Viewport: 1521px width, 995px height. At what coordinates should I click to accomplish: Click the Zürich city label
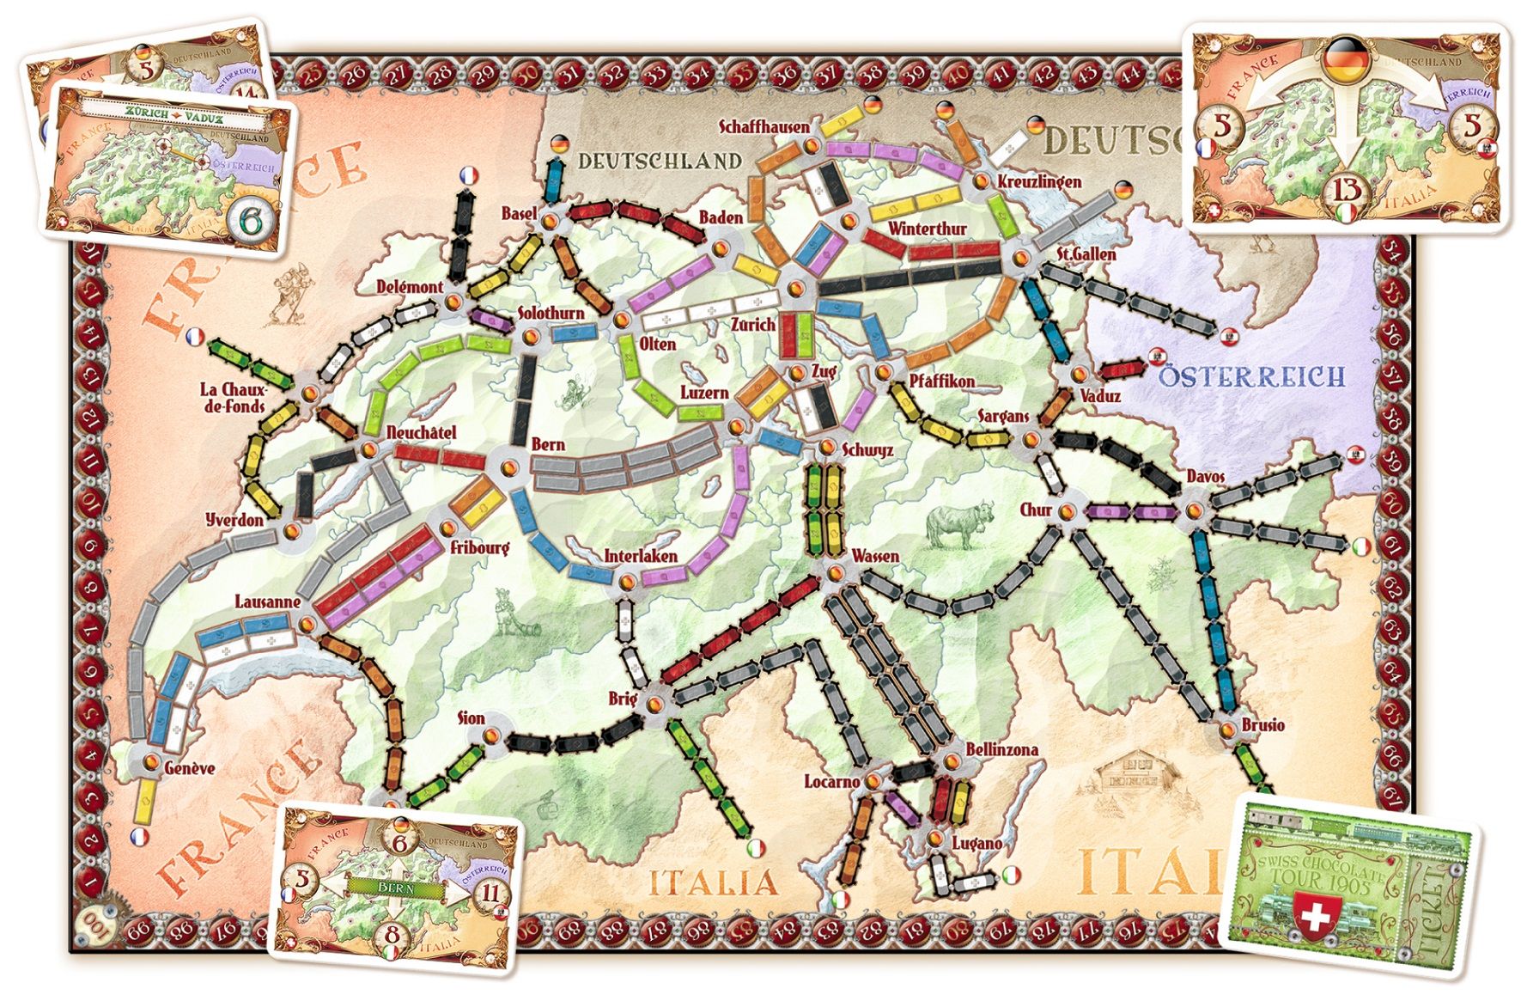[x=753, y=325]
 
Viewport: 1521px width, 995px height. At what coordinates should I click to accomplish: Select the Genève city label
[x=189, y=767]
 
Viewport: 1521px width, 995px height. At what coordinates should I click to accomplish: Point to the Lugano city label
[x=976, y=843]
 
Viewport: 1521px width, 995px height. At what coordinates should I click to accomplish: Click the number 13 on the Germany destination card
[x=1347, y=189]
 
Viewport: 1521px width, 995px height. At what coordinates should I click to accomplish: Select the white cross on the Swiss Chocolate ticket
[x=1315, y=916]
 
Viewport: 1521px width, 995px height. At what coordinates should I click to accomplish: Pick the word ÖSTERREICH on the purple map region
[x=1251, y=376]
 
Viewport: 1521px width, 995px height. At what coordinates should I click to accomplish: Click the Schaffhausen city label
[x=764, y=127]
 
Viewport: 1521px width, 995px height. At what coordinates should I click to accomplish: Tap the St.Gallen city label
[x=1086, y=254]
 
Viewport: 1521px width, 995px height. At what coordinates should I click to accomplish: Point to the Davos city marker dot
[x=1194, y=511]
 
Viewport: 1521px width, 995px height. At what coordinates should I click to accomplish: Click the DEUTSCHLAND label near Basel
[x=659, y=161]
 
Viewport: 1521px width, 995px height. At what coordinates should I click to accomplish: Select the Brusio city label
[x=1262, y=725]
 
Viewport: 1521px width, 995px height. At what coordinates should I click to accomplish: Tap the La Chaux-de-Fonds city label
[x=233, y=397]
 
